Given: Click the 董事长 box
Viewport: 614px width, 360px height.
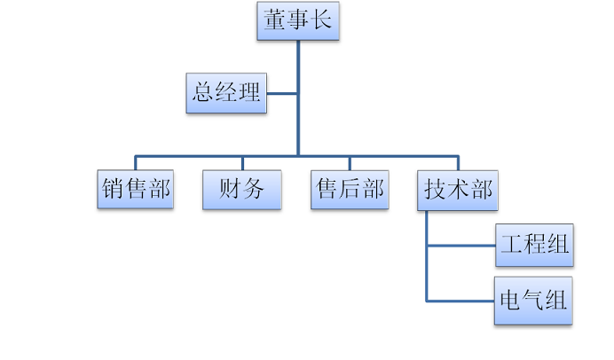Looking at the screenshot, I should (x=297, y=22).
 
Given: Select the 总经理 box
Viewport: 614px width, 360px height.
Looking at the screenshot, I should (x=227, y=93).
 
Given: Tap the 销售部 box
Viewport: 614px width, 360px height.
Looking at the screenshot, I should (x=135, y=190).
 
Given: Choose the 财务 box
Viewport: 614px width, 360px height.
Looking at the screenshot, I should (x=241, y=190).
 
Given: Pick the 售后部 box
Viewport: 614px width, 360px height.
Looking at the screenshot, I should (x=350, y=190).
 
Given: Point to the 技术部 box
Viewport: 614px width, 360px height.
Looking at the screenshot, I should (x=458, y=190).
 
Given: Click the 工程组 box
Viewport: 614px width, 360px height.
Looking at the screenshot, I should (x=534, y=246).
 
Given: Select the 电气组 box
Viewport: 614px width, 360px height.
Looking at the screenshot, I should (x=534, y=301).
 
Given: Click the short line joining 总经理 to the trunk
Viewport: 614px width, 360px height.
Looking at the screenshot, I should (x=282, y=93).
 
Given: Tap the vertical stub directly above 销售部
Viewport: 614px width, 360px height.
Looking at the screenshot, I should (x=135, y=163).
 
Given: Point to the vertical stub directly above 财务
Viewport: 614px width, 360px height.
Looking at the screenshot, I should (x=241, y=163).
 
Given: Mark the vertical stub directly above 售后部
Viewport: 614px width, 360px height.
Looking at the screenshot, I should (x=350, y=163).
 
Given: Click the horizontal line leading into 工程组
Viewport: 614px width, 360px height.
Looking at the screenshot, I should (x=460, y=246).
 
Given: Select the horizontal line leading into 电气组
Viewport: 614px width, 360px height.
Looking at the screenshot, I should (x=460, y=301).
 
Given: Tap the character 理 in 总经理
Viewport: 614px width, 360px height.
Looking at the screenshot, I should (x=250, y=93).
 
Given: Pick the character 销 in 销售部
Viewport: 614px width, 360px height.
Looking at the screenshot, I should (x=113, y=190).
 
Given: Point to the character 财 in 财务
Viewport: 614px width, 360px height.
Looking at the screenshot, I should (x=230, y=190).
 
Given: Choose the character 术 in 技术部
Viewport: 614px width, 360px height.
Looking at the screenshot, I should (x=458, y=190).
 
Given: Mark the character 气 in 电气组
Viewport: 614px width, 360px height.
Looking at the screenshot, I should (x=534, y=301).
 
